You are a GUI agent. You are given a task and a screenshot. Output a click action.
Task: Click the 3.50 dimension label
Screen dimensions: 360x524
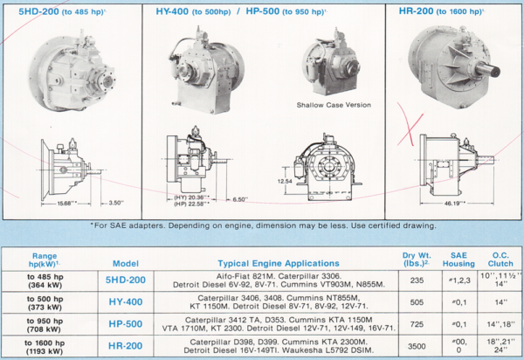pyautogui.click(x=114, y=202)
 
